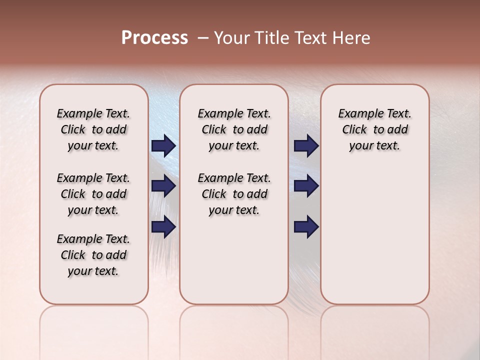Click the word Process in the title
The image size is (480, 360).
point(154,38)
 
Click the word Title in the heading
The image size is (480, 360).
point(270,38)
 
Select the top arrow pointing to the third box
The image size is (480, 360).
point(306,145)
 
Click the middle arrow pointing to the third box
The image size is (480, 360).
point(306,186)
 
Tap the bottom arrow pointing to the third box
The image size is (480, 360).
point(306,226)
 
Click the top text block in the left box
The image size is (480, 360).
point(93,129)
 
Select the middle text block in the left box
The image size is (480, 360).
point(93,194)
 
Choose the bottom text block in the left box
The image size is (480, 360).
point(93,255)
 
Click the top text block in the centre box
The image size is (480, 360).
point(234,129)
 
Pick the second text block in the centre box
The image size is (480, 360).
point(234,194)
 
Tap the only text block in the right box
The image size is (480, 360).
point(374,129)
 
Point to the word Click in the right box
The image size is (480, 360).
point(354,129)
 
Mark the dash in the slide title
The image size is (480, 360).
point(203,38)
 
